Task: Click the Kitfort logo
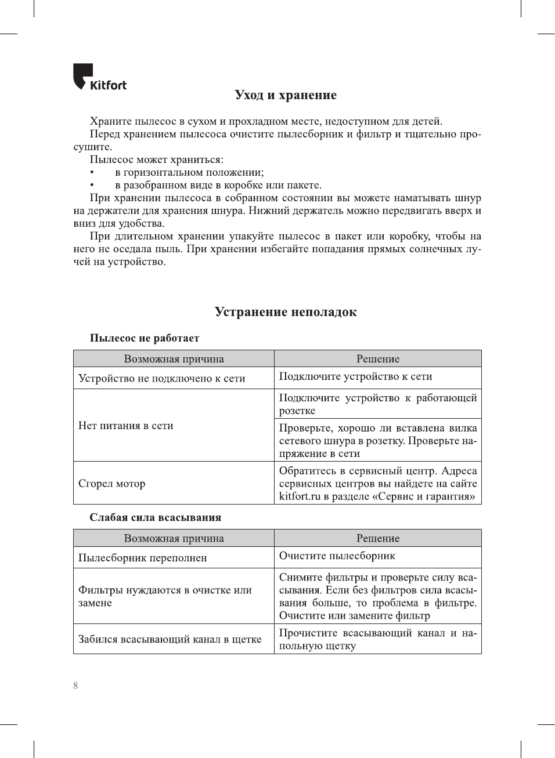[99, 77]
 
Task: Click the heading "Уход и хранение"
[286, 95]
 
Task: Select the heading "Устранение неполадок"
[286, 312]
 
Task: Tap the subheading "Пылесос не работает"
[145, 338]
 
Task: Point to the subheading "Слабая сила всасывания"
[155, 517]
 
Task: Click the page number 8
[75, 686]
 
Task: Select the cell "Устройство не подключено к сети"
[162, 378]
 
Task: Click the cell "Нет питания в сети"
[126, 426]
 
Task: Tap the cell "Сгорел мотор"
[112, 484]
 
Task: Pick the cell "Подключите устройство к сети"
[355, 376]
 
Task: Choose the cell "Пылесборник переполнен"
[143, 558]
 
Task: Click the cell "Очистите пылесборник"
[337, 556]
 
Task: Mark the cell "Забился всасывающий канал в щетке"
[170, 639]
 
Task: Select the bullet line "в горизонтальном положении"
[189, 172]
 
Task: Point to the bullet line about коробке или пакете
[218, 185]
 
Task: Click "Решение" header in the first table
[378, 359]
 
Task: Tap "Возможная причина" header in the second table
[174, 538]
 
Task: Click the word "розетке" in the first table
[297, 411]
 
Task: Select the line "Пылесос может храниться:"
[156, 159]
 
